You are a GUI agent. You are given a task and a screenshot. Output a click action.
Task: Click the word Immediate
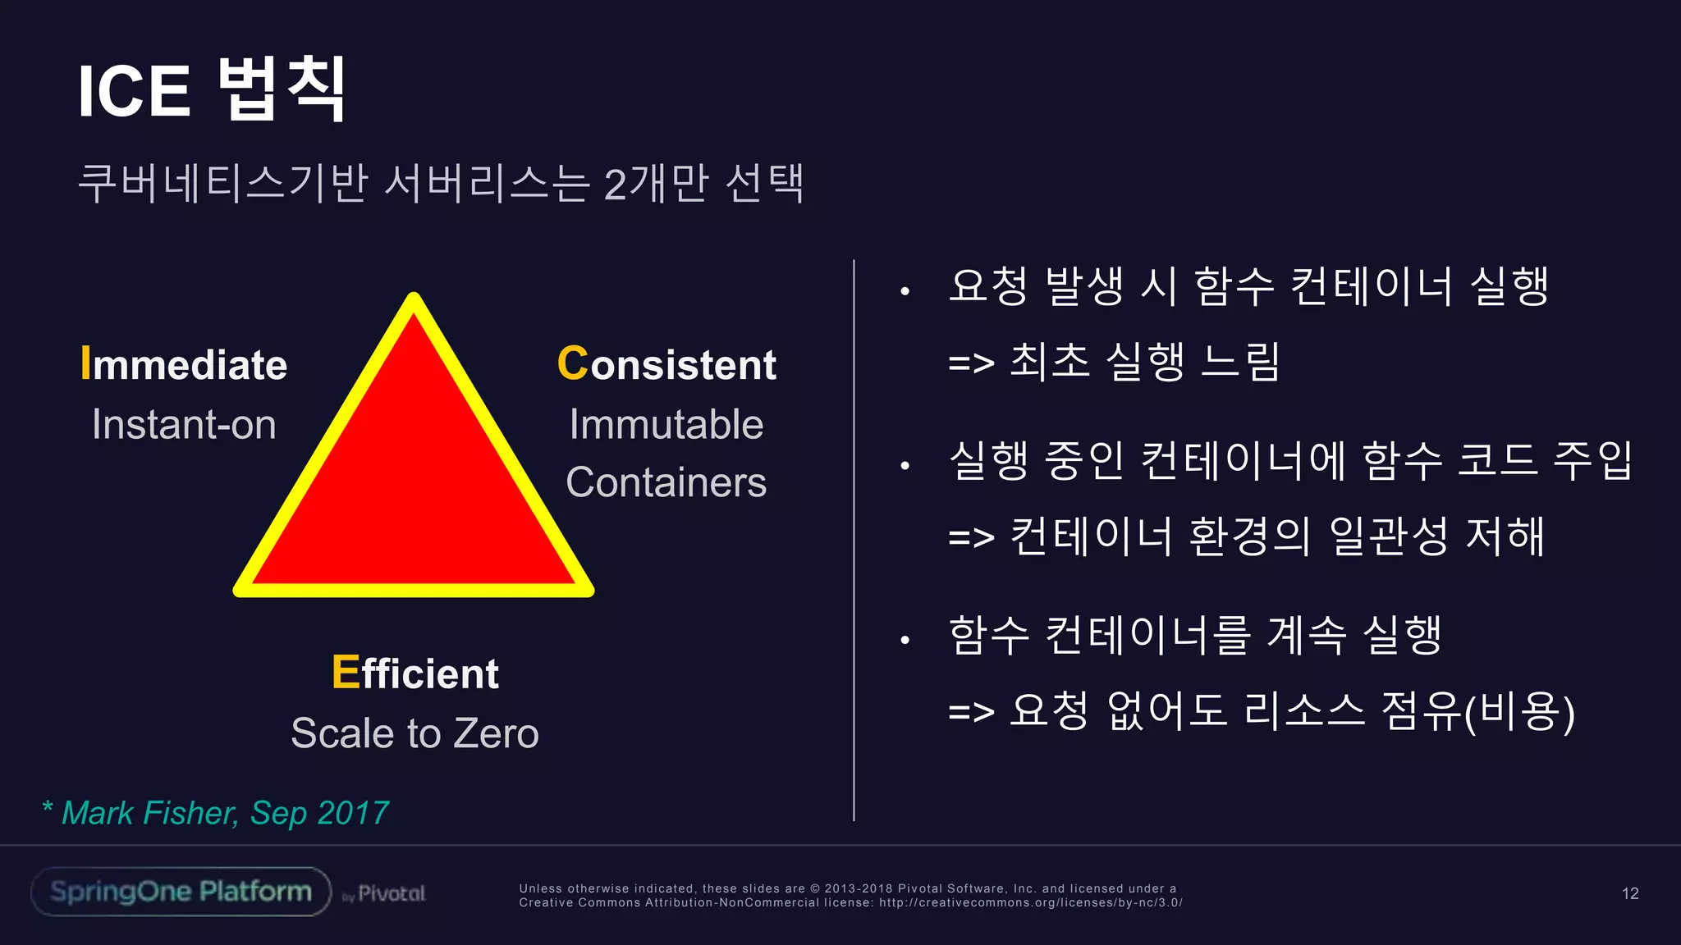184,364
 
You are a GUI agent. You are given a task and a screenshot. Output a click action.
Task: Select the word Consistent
666,364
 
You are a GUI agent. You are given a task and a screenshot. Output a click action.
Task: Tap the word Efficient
415,673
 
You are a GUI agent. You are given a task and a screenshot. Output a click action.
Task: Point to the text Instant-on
184,425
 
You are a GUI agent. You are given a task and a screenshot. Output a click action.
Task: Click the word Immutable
666,425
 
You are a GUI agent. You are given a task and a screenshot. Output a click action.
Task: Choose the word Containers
666,482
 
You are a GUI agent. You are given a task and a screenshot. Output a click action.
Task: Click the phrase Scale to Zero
415,733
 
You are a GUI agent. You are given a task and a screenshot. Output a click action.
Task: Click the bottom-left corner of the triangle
240,589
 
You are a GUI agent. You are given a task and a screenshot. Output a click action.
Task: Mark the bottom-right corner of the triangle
587,589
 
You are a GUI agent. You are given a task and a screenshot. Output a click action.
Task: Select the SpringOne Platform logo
181,892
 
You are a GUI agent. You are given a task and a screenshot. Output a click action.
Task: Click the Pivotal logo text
392,893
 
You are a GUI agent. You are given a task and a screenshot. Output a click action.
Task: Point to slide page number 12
1630,893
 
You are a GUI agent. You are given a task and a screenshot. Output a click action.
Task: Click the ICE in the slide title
134,91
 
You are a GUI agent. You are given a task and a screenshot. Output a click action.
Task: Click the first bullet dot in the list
905,291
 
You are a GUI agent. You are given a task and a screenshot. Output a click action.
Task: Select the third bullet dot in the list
905,640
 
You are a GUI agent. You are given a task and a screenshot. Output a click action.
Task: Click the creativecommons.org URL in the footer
1030,902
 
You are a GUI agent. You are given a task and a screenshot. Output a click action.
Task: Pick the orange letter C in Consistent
572,363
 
